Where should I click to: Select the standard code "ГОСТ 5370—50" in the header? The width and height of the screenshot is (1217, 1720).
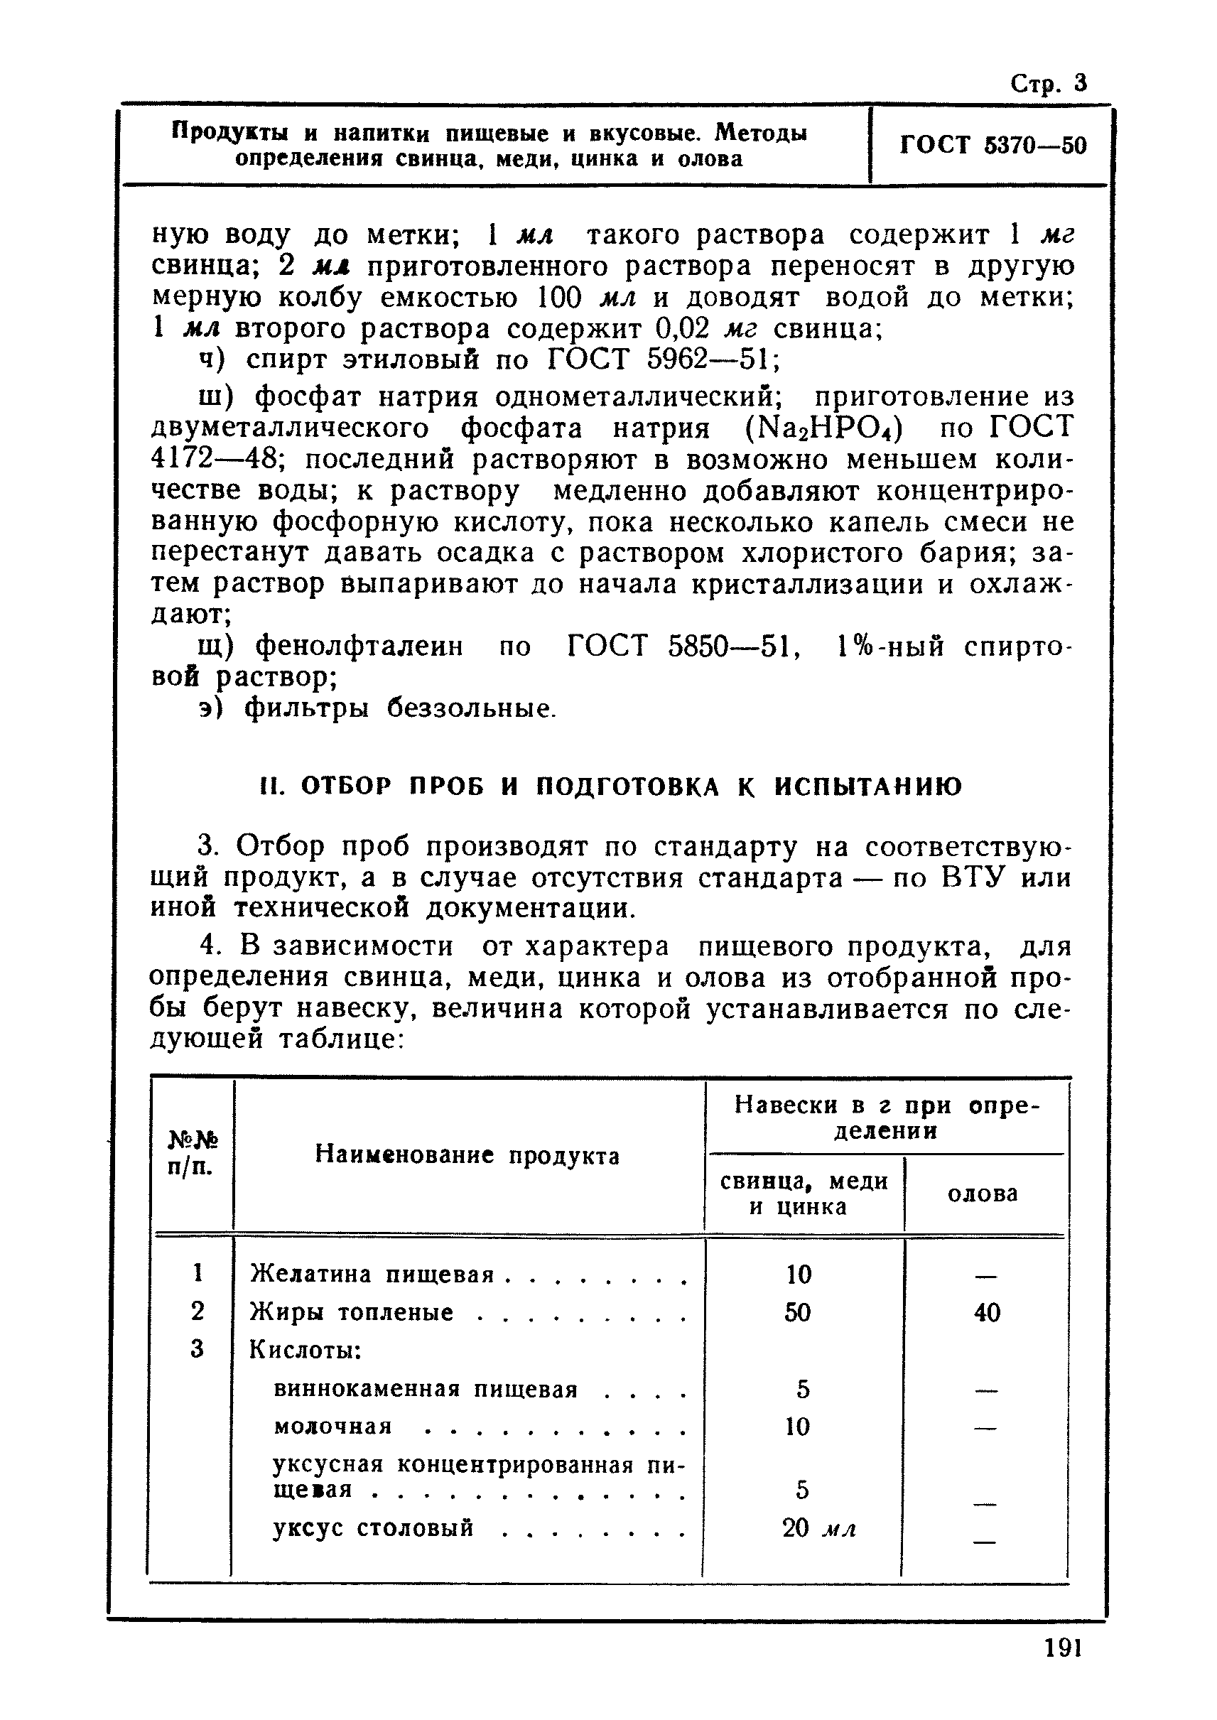pyautogui.click(x=992, y=145)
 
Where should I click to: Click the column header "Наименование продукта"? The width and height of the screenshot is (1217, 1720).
pyautogui.click(x=467, y=1155)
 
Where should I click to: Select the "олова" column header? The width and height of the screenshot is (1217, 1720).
pyautogui.click(x=983, y=1193)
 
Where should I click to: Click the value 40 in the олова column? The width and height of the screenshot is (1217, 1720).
pyautogui.click(x=987, y=1312)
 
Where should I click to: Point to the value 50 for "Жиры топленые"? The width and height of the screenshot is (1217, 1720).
pyautogui.click(x=797, y=1312)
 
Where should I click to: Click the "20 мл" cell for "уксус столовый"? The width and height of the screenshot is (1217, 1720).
pyautogui.click(x=818, y=1528)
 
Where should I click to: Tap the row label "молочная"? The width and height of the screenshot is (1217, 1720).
pyautogui.click(x=333, y=1426)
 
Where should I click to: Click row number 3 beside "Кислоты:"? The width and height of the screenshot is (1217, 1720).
pyautogui.click(x=197, y=1350)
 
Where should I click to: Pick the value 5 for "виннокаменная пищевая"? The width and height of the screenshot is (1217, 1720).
pyautogui.click(x=803, y=1390)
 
